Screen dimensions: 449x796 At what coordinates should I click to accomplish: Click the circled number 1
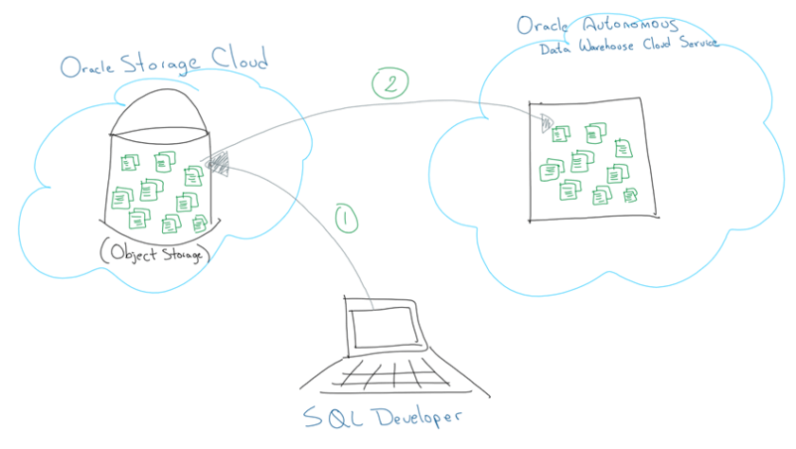[348, 219]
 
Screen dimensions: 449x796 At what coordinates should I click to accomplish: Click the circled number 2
[389, 83]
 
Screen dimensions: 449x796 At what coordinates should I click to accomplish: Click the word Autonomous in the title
[626, 25]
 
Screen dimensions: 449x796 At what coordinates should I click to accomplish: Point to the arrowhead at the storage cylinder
[216, 163]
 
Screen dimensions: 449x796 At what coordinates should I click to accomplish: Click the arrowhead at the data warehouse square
[546, 121]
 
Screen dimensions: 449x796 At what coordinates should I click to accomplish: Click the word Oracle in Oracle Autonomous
[543, 24]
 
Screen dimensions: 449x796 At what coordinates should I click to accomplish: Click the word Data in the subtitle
[556, 47]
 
